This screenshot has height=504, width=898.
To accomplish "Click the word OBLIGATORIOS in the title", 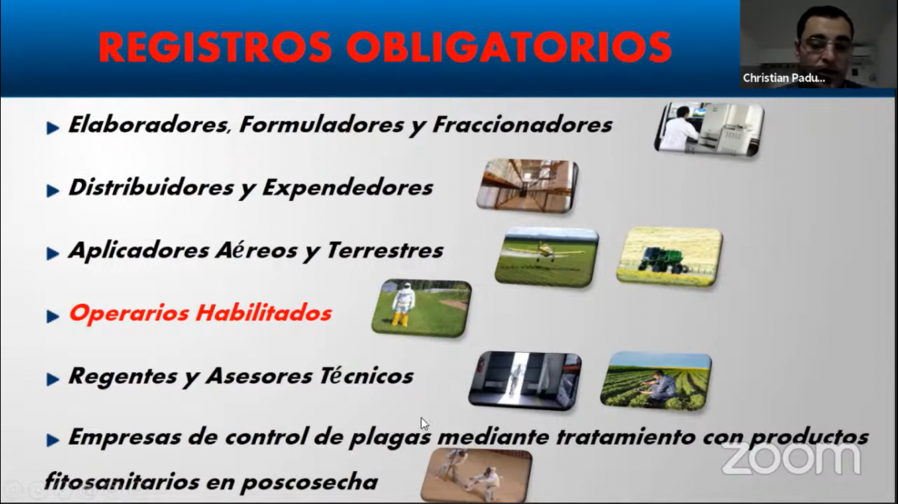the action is pos(509,47).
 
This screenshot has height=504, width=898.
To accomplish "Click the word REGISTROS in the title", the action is pos(215,47).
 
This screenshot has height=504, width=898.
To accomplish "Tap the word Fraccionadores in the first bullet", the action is pos(522,124).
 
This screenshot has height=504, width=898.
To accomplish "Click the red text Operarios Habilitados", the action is pos(200,313).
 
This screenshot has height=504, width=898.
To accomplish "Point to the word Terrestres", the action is pos(385,250).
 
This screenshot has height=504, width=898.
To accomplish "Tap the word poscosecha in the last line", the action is pos(309,482).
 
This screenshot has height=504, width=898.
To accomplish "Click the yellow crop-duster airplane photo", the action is pos(547,257).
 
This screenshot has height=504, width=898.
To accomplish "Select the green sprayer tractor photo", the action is pos(669,256).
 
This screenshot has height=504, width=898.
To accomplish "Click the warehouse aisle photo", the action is pos(528,186).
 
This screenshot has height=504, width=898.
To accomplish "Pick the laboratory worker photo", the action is pos(709,129).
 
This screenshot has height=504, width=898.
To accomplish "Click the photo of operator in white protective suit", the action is pos(421,308).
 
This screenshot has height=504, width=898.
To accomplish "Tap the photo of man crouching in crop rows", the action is pos(655,381).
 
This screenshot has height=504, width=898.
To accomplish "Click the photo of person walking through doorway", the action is pos(525,381).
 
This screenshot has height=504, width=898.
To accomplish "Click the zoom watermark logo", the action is pos(791,458).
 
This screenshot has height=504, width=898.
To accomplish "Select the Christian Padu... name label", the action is pos(784,78).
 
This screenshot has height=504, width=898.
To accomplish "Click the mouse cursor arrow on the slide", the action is pos(425,424).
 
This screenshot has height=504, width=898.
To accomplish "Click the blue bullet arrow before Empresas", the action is pos(53,440).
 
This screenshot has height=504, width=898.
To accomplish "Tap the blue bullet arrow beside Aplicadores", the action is pos(53,253).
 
